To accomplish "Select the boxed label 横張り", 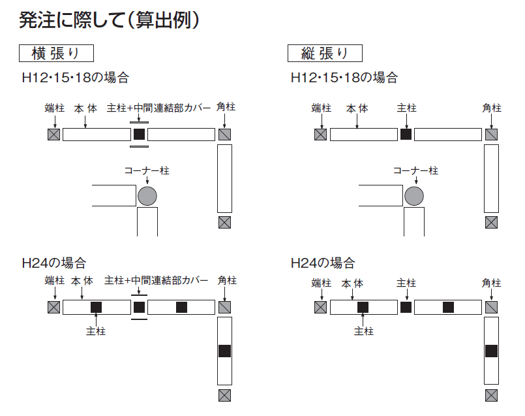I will (x=58, y=53).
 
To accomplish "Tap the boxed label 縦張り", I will (x=325, y=53).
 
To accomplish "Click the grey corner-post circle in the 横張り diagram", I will (x=147, y=195).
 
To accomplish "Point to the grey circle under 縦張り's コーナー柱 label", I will (x=414, y=195).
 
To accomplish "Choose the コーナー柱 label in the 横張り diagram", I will (x=147, y=170).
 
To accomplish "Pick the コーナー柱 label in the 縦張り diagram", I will (x=415, y=170).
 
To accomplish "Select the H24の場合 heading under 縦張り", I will (x=323, y=263).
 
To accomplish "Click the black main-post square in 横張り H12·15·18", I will (x=139, y=135).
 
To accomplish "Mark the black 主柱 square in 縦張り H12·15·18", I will (x=406, y=135).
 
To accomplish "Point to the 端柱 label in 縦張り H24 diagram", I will (x=321, y=283).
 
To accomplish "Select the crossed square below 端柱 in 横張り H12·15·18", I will (x=53, y=135).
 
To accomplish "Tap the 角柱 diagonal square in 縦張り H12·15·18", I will (x=492, y=135).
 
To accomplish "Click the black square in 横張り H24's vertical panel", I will (x=224, y=351).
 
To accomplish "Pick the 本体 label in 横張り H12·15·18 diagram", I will (x=85, y=108).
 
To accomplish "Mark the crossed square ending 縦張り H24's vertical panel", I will (x=492, y=395).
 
